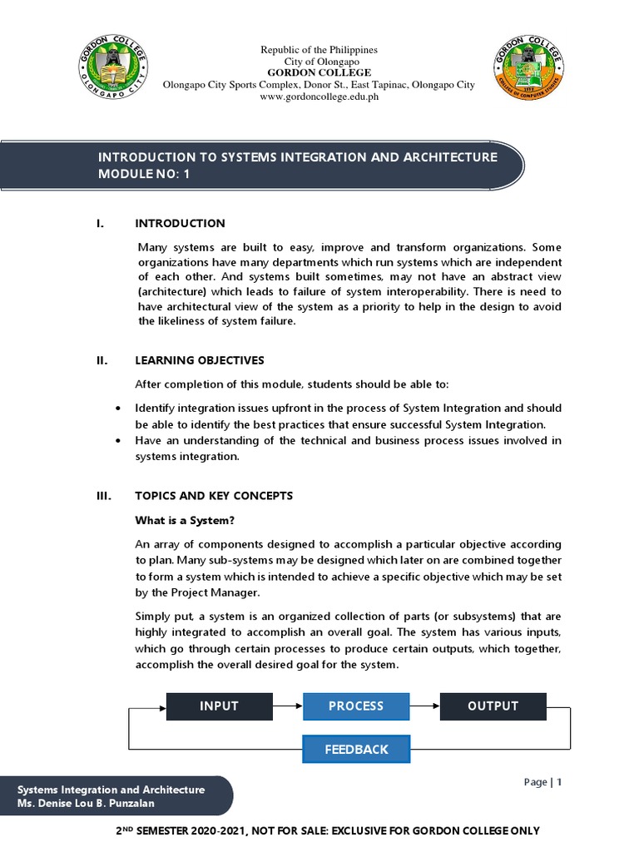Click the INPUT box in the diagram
point(219,706)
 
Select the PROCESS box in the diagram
point(356,706)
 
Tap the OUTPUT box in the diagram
point(493,706)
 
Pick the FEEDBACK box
point(356,749)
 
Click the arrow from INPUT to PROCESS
point(287,706)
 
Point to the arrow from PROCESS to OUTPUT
point(424,706)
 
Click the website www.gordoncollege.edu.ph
point(319,97)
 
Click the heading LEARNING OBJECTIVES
point(200,359)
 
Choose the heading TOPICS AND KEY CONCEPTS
point(214,495)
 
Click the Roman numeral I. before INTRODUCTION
point(101,223)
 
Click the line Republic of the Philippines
point(319,51)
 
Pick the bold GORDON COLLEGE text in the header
point(319,73)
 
